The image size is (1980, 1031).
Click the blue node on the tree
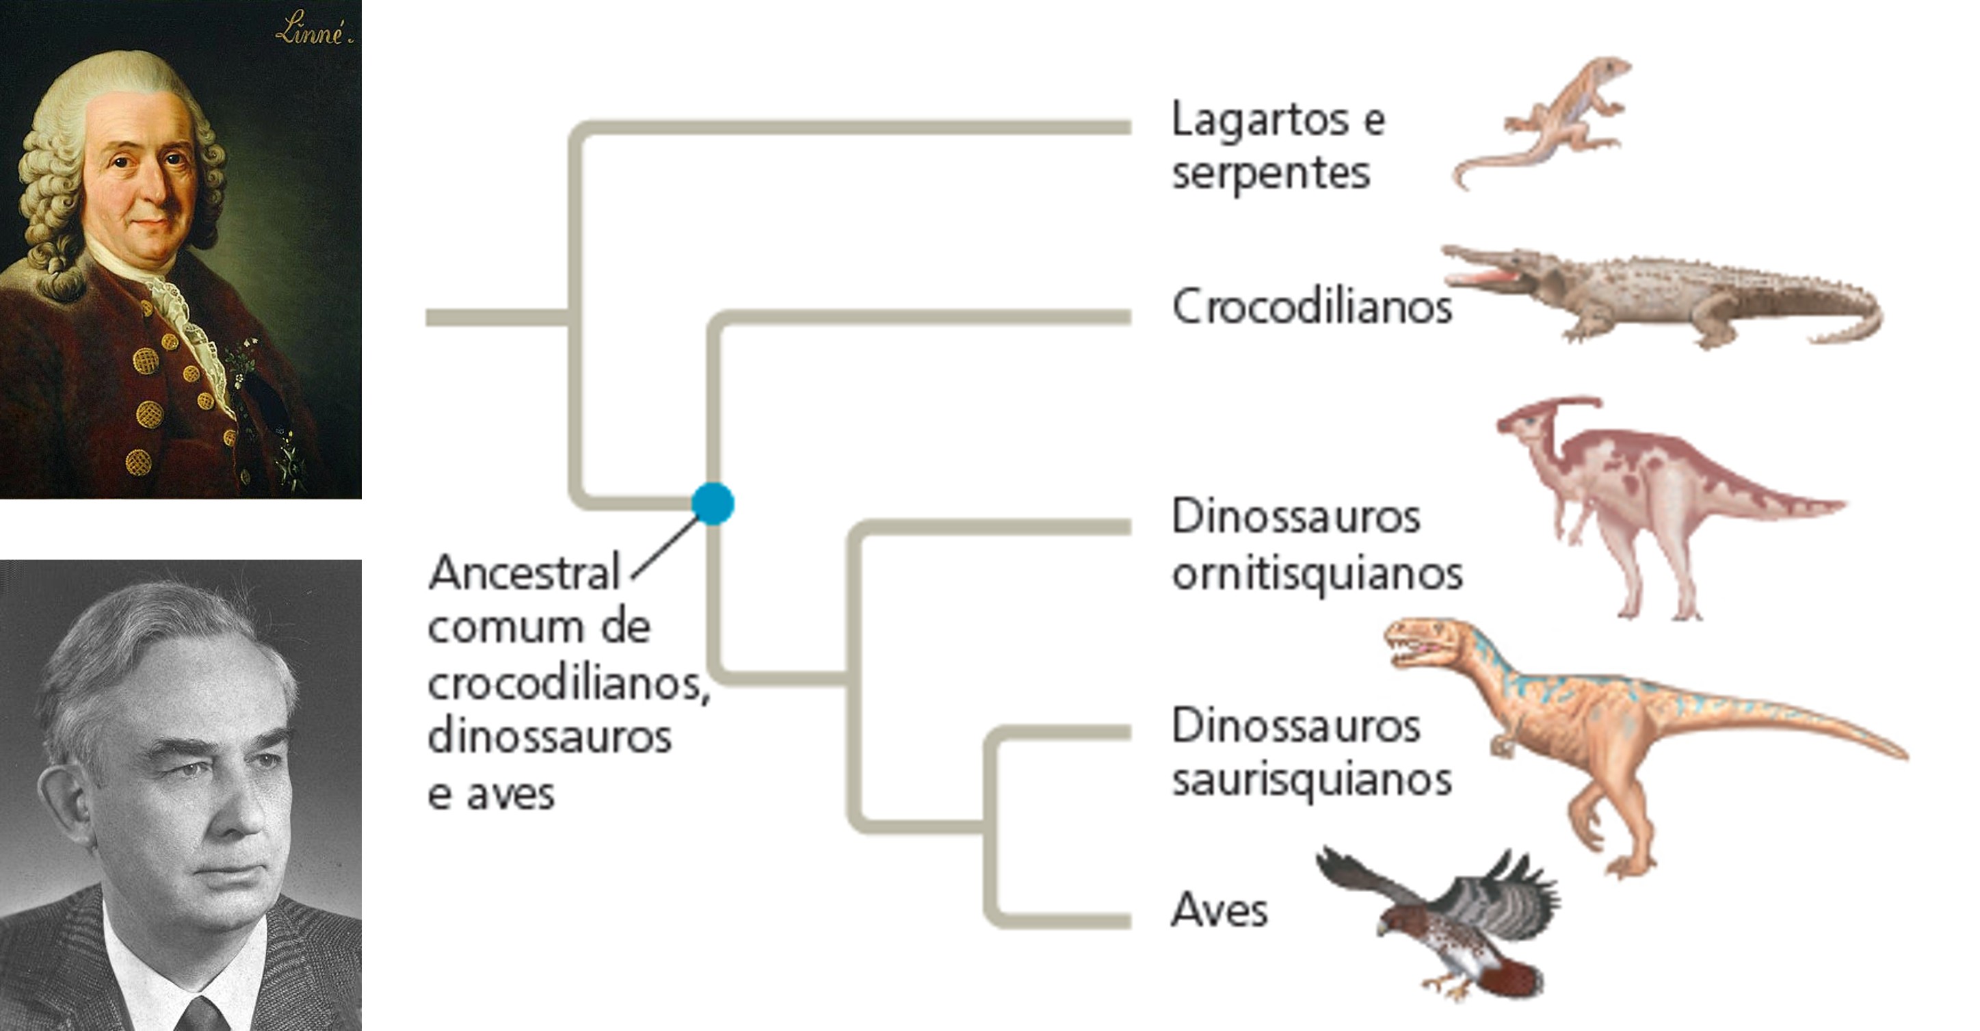713,504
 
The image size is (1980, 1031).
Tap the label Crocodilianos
1311,306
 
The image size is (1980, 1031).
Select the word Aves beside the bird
1219,911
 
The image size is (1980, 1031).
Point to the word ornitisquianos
1317,573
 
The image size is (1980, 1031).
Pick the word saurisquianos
1311,781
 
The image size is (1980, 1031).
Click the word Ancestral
524,573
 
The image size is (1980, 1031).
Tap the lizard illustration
1553,123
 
